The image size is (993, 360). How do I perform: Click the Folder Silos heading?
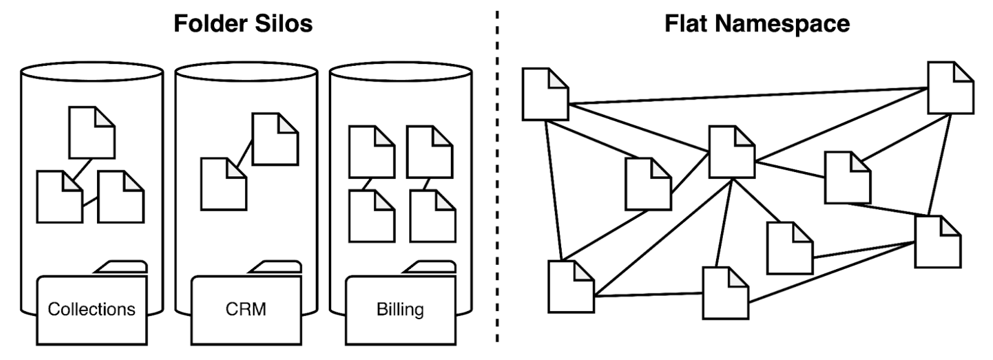click(243, 24)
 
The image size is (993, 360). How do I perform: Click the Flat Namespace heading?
click(757, 24)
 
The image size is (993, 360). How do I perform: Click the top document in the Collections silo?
click(91, 132)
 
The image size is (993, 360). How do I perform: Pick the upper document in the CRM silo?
click(275, 139)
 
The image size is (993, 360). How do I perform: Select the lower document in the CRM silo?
click(224, 184)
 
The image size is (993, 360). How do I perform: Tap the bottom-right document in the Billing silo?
click(432, 216)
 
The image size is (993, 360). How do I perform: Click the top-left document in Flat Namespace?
click(545, 94)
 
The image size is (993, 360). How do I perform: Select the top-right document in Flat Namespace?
click(950, 88)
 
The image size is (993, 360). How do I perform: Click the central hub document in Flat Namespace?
click(732, 152)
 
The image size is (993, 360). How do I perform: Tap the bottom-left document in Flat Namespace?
click(571, 287)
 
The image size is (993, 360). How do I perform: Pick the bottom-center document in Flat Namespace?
click(725, 293)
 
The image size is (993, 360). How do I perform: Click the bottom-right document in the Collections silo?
click(121, 196)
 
